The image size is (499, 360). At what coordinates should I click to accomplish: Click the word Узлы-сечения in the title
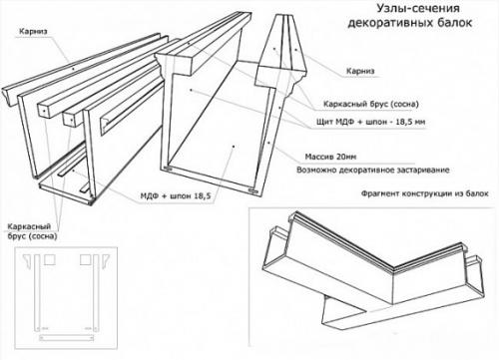[418, 8]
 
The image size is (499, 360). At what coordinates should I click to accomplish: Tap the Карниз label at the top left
[33, 32]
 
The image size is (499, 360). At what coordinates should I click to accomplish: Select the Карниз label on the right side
[360, 71]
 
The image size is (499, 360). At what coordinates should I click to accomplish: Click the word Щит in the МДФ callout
[325, 122]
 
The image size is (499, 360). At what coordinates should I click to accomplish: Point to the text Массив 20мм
[330, 157]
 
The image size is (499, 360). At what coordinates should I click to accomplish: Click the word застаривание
[423, 171]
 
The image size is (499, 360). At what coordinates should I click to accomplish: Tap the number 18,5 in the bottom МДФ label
[203, 196]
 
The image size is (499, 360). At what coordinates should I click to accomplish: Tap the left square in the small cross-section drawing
[50, 259]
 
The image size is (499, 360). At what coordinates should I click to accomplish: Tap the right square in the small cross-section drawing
[86, 259]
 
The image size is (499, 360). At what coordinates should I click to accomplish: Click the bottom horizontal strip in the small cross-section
[66, 338]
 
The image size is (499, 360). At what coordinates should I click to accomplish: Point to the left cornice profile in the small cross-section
[29, 261]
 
